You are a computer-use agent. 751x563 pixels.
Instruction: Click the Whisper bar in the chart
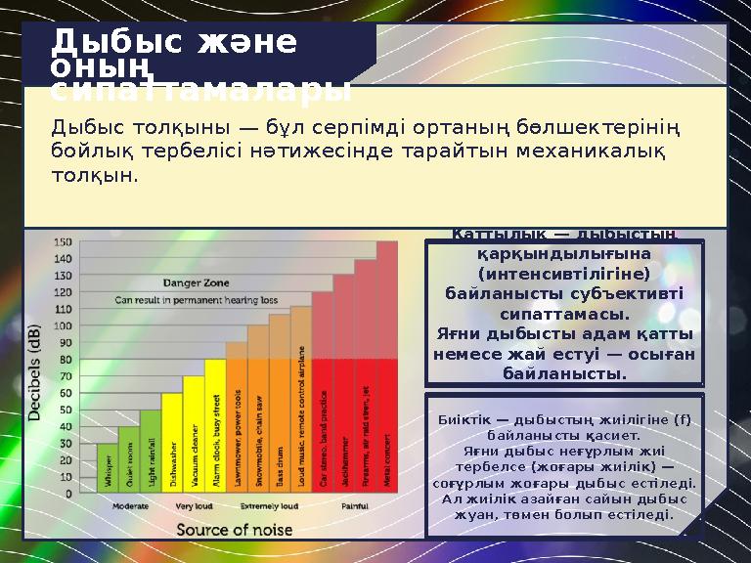[x=108, y=469]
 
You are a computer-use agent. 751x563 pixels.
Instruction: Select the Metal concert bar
[x=387, y=391]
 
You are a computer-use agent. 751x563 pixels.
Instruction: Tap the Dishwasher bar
[x=172, y=445]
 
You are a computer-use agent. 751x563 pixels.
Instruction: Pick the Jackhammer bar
[x=344, y=411]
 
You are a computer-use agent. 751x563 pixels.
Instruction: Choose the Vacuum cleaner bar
[x=194, y=435]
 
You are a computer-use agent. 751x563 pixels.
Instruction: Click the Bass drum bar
[x=280, y=411]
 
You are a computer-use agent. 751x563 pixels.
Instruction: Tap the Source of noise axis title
[x=234, y=530]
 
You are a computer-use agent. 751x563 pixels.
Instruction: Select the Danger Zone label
[x=196, y=282]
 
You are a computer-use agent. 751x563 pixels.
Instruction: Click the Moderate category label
[x=130, y=507]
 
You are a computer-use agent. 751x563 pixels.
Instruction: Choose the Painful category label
[x=355, y=507]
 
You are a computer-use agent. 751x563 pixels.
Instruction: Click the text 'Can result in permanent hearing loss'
[x=197, y=299]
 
